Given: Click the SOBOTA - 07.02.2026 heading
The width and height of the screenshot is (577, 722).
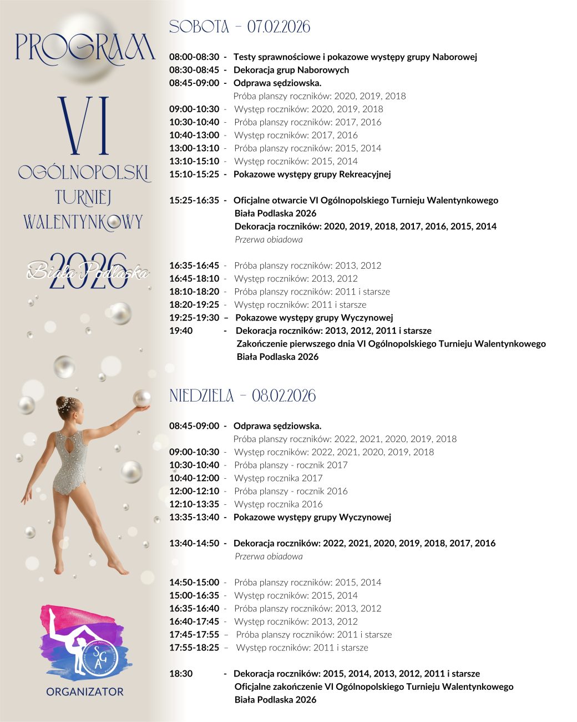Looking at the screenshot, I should coord(239,27).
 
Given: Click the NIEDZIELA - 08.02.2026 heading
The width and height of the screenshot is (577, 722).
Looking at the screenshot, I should coord(242,396).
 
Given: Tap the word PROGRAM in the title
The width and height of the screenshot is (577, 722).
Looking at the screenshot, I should coord(85,48).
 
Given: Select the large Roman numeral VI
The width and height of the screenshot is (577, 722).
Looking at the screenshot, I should coord(84,126).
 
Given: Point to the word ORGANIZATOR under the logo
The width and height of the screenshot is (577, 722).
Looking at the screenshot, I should coord(85,692).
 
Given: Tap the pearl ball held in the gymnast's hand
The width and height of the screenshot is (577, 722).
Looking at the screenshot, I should coord(142,398).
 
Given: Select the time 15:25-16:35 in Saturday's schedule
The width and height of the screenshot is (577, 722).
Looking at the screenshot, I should coord(194,200).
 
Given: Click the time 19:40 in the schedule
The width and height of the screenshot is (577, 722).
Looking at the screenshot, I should coord(181,331).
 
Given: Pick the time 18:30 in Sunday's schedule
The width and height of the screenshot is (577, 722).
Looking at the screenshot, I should coord(181,674).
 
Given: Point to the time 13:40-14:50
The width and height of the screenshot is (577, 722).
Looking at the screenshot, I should coord(194,543).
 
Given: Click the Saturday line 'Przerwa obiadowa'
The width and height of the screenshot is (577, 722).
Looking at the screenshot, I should coord(269,240).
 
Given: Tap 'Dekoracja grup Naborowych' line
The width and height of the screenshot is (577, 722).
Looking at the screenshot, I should coord(291,70).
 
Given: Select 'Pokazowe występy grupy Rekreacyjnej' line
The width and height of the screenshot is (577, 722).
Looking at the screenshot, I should coord(312,174).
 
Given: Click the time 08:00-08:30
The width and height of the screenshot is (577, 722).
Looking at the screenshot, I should coord(194,57).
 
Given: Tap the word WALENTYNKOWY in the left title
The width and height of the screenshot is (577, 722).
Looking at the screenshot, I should coord(83,222).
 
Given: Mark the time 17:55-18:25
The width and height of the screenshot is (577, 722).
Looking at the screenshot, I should coord(194,648).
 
